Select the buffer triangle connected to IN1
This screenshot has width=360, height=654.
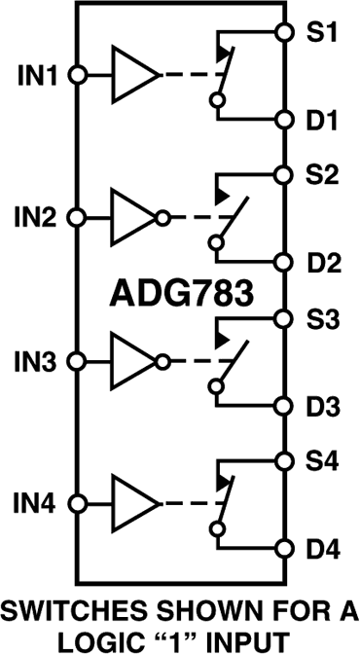coord(133,75)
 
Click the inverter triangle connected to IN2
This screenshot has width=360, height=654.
coord(133,218)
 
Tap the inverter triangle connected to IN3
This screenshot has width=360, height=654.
coord(133,361)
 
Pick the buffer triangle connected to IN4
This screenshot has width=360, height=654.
coord(133,505)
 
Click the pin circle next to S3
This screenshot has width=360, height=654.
coord(283,319)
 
